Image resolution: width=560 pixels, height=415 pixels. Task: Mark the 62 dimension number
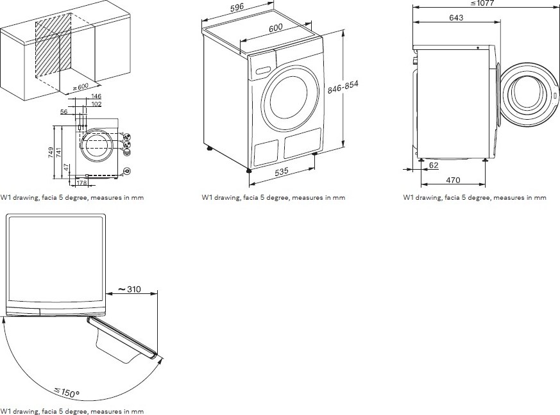(434, 165)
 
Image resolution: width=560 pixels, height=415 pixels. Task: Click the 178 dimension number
(81, 183)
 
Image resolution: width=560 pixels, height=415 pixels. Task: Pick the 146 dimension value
(96, 96)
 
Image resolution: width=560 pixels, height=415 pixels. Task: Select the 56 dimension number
(65, 111)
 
